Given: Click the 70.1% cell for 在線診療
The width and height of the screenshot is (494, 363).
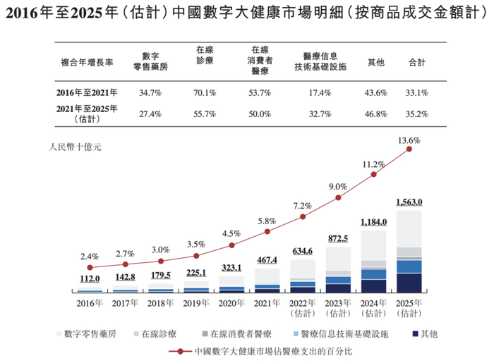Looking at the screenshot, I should [x=206, y=92].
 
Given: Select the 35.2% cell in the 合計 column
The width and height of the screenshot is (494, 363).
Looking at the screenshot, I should [x=417, y=113].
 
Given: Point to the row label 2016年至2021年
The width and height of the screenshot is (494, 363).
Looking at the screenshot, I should [x=87, y=92].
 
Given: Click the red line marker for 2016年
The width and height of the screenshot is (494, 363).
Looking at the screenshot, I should [x=90, y=267].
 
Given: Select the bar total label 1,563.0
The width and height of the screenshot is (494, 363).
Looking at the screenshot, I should [x=409, y=202].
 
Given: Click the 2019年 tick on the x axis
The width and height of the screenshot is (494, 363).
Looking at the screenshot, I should [x=196, y=303].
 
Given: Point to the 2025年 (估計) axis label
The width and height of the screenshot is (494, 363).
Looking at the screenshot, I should [x=409, y=308].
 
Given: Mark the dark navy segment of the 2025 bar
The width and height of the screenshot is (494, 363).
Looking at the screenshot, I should [x=409, y=283].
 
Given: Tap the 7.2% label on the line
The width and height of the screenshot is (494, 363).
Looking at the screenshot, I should [x=303, y=205].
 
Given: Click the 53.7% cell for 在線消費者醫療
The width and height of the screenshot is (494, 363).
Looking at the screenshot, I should [x=260, y=92].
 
